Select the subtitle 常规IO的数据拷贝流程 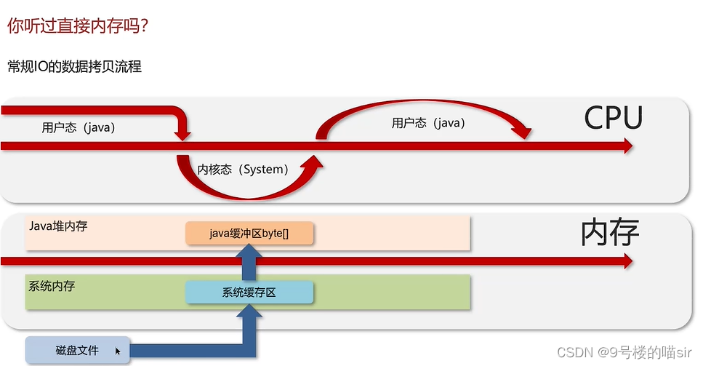point(74,67)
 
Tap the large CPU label point(613,119)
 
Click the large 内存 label point(609,233)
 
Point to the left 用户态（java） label point(79,128)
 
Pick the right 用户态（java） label point(428,123)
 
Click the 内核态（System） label point(243,170)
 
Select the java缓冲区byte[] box point(249,234)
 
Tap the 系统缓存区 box point(249,293)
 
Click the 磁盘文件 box point(78,350)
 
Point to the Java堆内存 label point(58,226)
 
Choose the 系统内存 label point(52,286)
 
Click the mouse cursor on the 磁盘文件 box point(117,351)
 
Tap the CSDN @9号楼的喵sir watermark point(624,352)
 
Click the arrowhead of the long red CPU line point(624,146)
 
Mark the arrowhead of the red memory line point(624,262)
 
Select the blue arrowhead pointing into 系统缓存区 point(249,311)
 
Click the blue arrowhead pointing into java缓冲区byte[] point(249,252)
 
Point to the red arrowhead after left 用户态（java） point(183,134)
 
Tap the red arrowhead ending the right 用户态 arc point(521,132)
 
